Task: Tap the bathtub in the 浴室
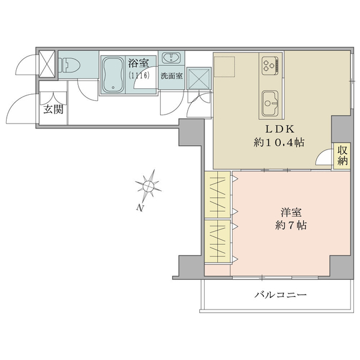coord(113,74)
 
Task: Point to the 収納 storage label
coord(343,155)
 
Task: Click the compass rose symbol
coord(148,186)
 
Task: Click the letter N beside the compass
coord(139,208)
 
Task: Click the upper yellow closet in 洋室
coord(217,195)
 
